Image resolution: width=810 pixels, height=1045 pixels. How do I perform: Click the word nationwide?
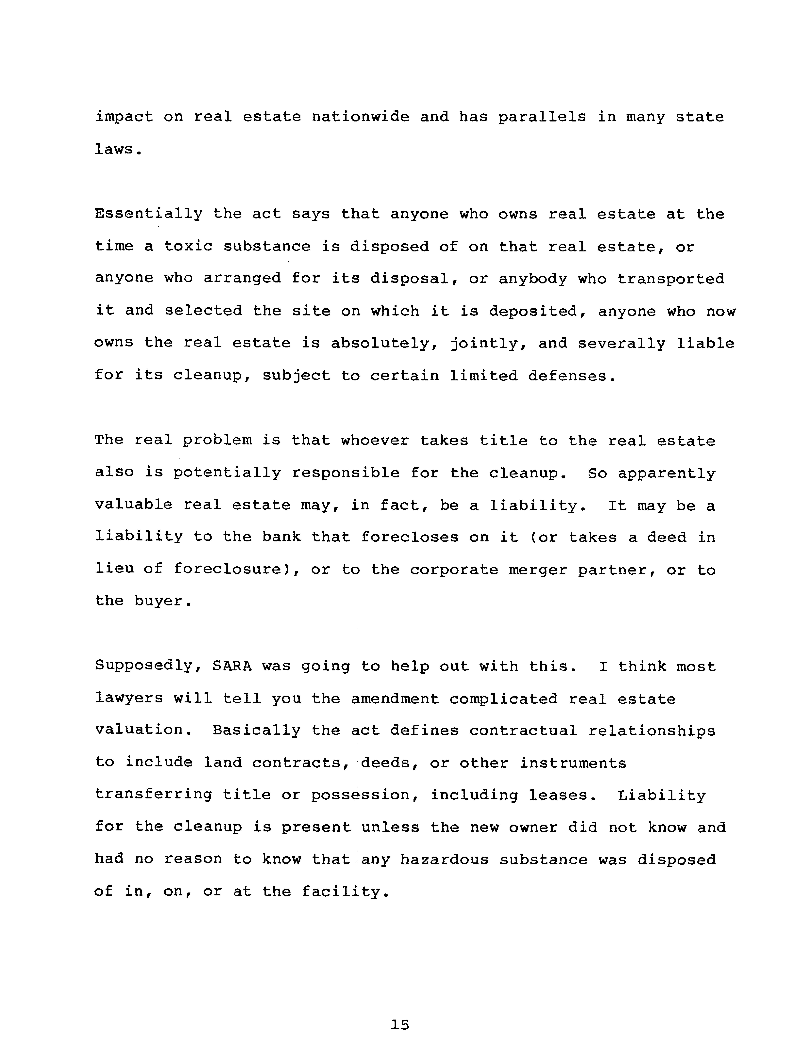coord(360,117)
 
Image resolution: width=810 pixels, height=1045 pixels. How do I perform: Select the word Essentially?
coord(148,214)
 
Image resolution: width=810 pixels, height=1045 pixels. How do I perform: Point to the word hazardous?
coord(444,860)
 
